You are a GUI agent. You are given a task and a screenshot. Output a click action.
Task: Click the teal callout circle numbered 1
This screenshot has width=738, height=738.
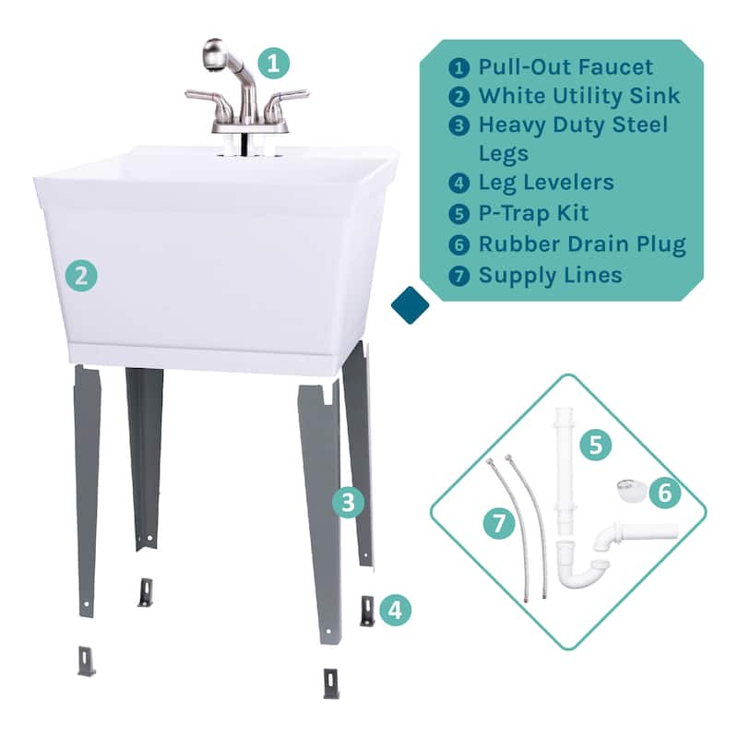click(x=273, y=63)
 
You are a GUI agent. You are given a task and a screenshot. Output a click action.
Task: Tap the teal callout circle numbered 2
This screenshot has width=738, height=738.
click(x=81, y=275)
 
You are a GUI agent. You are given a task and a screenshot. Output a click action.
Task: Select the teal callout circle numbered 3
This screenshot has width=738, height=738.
click(x=348, y=502)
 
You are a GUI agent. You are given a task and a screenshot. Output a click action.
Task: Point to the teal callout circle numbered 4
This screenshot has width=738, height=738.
click(x=395, y=610)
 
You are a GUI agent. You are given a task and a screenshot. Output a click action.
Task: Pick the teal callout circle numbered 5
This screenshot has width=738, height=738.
click(x=595, y=445)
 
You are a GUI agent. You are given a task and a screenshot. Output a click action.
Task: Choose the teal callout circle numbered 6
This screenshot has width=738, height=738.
click(x=664, y=493)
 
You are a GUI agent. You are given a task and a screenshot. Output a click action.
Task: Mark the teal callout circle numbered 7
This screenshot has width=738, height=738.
click(x=499, y=523)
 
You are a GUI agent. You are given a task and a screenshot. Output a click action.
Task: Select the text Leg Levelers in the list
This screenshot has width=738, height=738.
click(x=546, y=183)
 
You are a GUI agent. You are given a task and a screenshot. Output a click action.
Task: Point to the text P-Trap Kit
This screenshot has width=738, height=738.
click(x=533, y=213)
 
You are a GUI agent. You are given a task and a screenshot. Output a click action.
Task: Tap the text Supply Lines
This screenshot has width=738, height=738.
click(x=550, y=275)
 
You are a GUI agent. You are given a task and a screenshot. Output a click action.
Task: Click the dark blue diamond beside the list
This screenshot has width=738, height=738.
click(x=410, y=305)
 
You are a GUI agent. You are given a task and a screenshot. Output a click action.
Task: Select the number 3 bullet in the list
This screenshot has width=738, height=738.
click(x=458, y=125)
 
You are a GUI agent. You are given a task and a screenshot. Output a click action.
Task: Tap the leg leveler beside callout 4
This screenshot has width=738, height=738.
click(x=367, y=611)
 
